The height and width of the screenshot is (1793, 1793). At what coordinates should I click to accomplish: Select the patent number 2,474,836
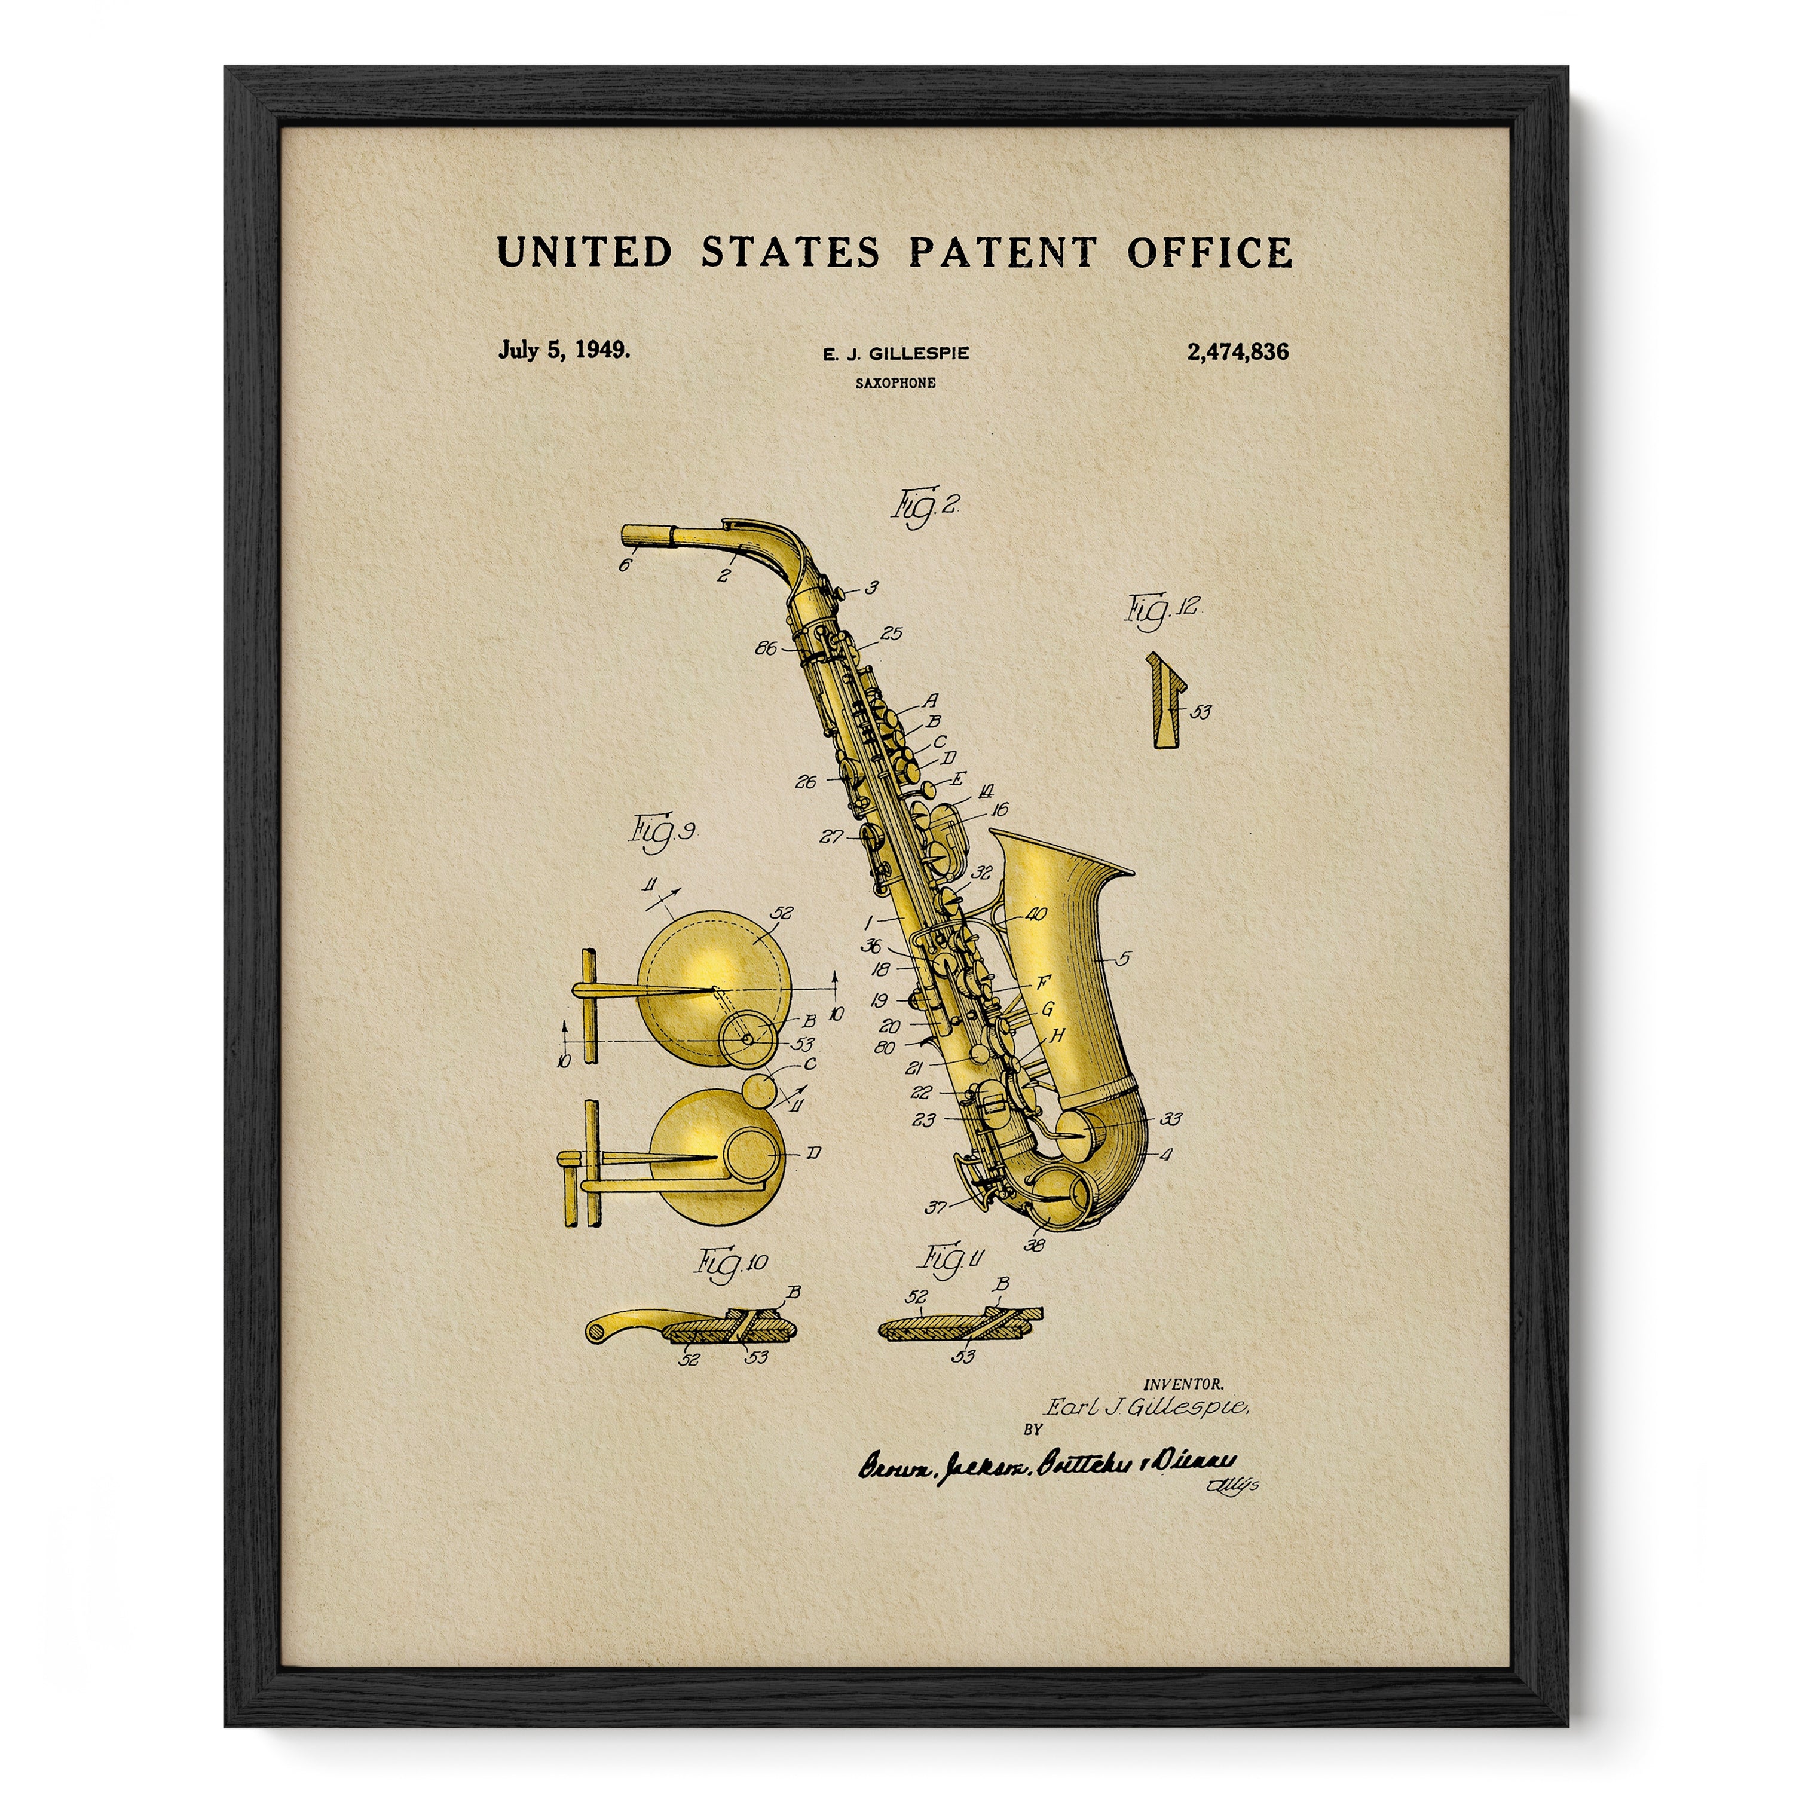[x=1237, y=352]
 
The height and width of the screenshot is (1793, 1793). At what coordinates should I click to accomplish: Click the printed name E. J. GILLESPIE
[x=895, y=354]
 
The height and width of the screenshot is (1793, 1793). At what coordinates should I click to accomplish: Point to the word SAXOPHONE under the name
[x=895, y=383]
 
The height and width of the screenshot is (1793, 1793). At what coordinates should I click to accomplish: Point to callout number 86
[x=767, y=648]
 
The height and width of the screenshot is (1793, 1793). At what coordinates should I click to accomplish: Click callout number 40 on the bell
[x=1035, y=915]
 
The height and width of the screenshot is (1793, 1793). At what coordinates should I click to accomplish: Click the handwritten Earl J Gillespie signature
[x=1147, y=1408]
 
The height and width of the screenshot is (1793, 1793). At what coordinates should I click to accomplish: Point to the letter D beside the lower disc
[x=813, y=1153]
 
